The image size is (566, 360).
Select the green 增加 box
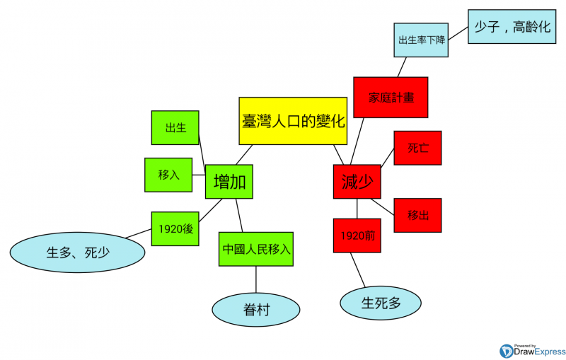(x=229, y=182)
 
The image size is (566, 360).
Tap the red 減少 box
(x=356, y=182)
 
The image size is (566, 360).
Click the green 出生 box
(x=175, y=128)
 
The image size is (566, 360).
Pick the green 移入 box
(x=168, y=175)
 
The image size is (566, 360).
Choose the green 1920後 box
(x=175, y=228)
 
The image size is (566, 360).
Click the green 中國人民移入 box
(x=256, y=249)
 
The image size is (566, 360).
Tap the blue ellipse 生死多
(x=381, y=303)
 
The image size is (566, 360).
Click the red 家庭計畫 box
(x=391, y=97)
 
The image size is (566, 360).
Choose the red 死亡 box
(x=417, y=148)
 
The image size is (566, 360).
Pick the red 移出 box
(x=417, y=215)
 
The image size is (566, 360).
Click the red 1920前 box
(x=357, y=236)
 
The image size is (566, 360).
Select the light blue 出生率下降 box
(x=422, y=40)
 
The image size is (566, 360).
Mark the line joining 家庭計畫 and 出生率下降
(x=403, y=67)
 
